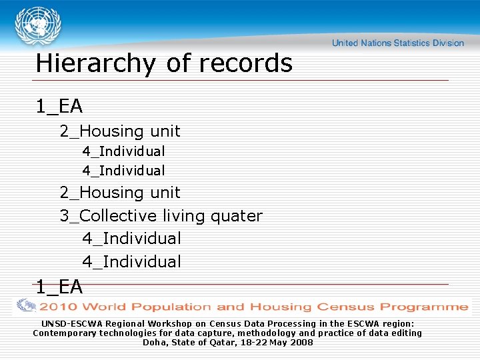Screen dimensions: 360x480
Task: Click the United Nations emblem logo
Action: pyautogui.click(x=37, y=26)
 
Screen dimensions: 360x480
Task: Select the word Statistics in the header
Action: pyautogui.click(x=412, y=43)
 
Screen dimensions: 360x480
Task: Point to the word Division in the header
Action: pyautogui.click(x=447, y=43)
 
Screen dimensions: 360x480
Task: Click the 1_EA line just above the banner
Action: pyautogui.click(x=59, y=287)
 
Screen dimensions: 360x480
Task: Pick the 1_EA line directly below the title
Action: pyautogui.click(x=59, y=106)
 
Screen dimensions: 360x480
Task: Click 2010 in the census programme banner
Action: pyautogui.click(x=59, y=307)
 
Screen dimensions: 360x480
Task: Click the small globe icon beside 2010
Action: pyautogui.click(x=27, y=306)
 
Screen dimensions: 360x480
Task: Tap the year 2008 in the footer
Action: pyautogui.click(x=301, y=342)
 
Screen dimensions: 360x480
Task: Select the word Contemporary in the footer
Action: pyautogui.click(x=65, y=333)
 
